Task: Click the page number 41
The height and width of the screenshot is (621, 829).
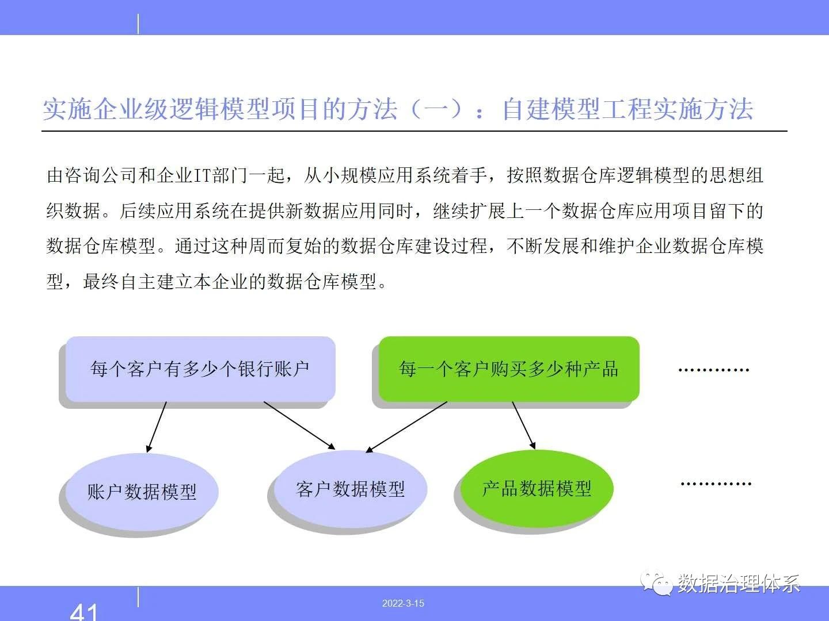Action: pos(84,611)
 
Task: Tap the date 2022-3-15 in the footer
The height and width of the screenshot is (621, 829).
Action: pos(403,603)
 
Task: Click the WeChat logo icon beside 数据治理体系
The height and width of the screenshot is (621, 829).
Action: pos(656,584)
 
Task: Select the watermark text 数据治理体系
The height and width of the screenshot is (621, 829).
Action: pos(739,584)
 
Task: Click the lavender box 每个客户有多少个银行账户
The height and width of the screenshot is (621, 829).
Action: pos(200,369)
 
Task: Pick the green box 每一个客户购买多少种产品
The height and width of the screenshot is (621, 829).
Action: pos(509,369)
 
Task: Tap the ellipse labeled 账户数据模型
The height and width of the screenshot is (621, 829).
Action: pos(142,492)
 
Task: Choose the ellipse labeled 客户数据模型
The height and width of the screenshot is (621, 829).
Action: pos(351,489)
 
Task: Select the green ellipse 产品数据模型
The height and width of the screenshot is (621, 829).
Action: pos(537,488)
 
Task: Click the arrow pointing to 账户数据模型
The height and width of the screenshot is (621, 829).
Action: pos(157,427)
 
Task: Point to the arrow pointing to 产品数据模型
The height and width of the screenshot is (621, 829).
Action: pos(524,425)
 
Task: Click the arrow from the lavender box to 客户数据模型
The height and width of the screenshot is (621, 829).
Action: pos(299,425)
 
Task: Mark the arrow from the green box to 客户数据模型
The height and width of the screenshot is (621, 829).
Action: pos(406,427)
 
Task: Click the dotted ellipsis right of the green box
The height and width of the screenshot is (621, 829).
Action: pos(714,370)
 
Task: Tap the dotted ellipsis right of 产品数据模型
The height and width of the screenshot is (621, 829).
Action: pos(716,484)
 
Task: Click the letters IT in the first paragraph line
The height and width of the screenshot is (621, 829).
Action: pos(203,176)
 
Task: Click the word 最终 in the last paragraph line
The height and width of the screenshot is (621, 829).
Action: pos(101,281)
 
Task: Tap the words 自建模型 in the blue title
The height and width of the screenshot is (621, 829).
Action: pos(551,110)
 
